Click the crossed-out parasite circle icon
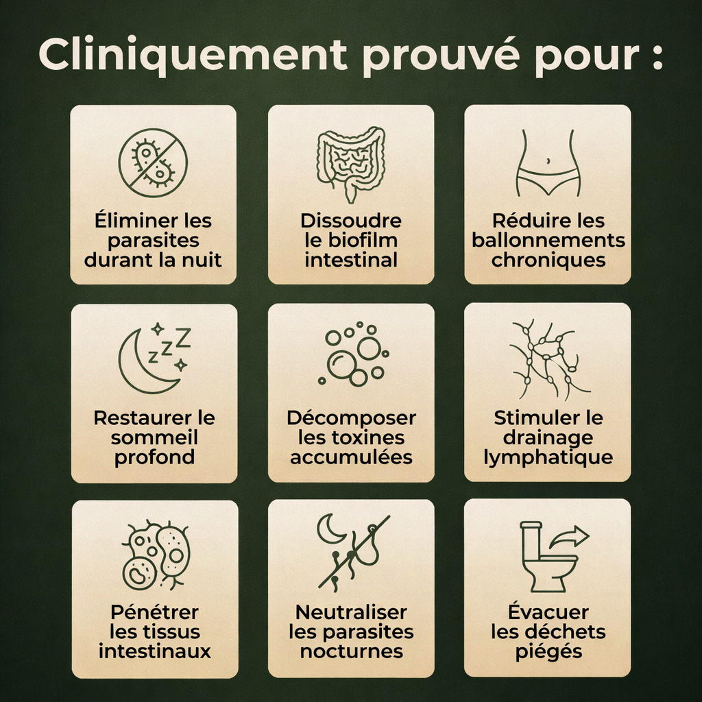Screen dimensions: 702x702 [153, 163]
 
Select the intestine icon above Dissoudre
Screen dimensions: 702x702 [350, 163]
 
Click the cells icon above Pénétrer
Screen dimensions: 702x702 [156, 555]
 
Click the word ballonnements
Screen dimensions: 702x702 [548, 241]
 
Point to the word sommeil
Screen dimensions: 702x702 [154, 437]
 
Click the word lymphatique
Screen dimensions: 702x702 [548, 457]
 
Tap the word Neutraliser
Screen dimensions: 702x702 [351, 612]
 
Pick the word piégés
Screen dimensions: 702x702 [548, 651]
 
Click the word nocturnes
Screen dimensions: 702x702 [351, 651]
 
